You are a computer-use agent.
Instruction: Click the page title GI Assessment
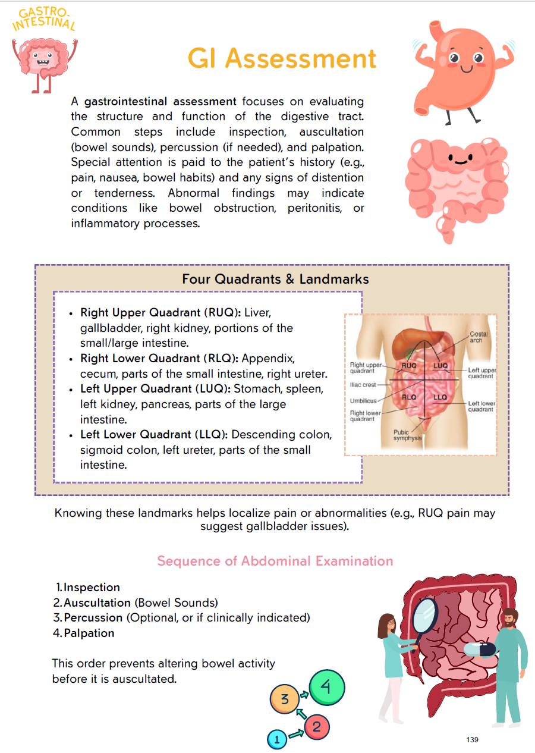tap(282, 59)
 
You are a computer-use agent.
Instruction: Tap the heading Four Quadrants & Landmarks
tap(275, 279)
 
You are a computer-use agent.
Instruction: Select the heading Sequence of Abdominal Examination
tap(275, 561)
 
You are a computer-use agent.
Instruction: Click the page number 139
tap(472, 739)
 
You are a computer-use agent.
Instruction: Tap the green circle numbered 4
tap(326, 687)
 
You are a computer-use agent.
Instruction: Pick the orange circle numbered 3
tap(285, 699)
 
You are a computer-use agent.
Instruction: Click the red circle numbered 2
tap(316, 726)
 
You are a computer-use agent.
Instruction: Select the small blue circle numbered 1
tap(276, 739)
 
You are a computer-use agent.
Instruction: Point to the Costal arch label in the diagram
tap(479, 337)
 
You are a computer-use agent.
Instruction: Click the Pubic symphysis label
tap(407, 435)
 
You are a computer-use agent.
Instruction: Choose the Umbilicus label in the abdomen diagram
tap(363, 401)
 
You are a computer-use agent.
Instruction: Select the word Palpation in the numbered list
tap(89, 633)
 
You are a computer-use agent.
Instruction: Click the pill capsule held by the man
tap(480, 648)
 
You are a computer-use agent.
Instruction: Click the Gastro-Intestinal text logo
tap(44, 20)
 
